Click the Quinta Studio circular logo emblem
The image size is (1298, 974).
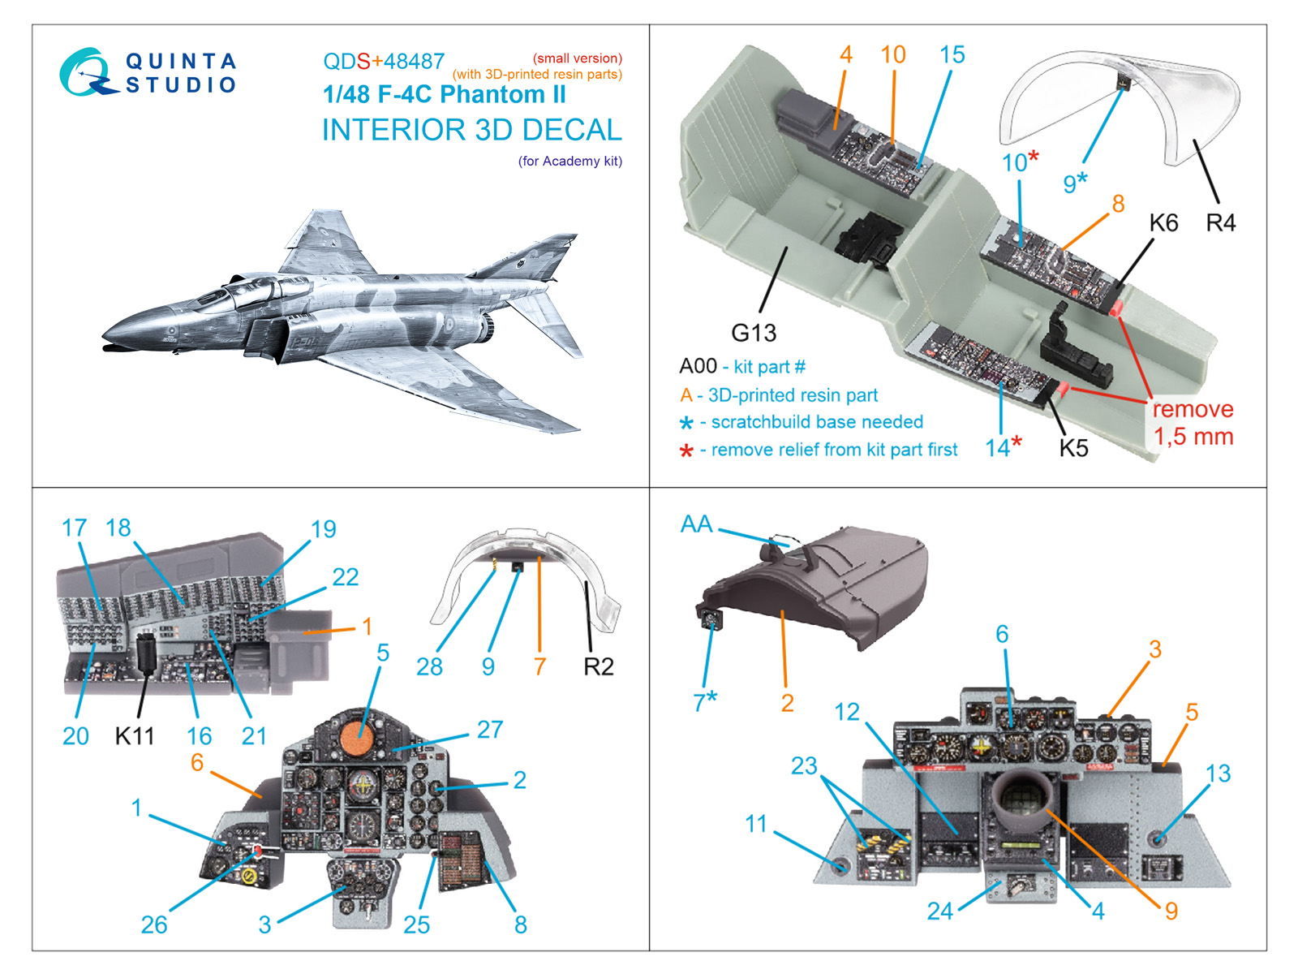click(84, 72)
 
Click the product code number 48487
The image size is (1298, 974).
click(414, 62)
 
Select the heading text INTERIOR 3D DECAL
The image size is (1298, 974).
click(471, 130)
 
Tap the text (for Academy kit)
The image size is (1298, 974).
click(569, 162)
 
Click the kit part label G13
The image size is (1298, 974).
click(753, 333)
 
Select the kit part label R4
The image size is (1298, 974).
click(1220, 222)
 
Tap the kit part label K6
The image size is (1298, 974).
click(1163, 222)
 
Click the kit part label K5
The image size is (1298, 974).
click(1073, 448)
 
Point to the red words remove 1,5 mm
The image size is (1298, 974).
click(1193, 423)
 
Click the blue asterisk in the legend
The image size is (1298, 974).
click(686, 424)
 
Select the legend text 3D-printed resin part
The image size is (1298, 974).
click(793, 395)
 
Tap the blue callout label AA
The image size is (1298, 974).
click(696, 524)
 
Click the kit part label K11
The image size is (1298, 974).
click(134, 736)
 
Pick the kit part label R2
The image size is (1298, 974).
click(598, 667)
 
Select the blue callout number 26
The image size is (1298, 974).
click(154, 924)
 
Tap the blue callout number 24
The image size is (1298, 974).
click(939, 912)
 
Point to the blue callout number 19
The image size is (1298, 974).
click(323, 529)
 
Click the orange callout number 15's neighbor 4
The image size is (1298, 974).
click(845, 54)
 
